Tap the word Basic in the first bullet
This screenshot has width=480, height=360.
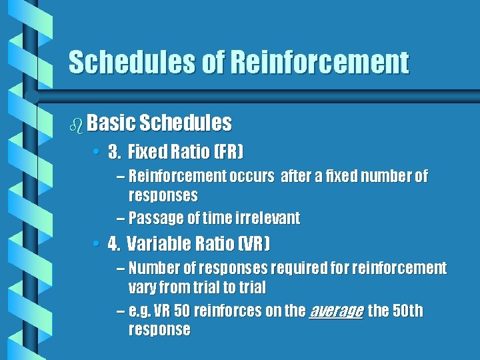pyautogui.click(x=111, y=123)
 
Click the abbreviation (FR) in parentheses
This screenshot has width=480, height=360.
pyautogui.click(x=227, y=153)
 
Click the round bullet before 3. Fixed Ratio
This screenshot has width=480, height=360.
pyautogui.click(x=97, y=153)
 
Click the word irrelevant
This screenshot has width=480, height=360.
pyautogui.click(x=267, y=218)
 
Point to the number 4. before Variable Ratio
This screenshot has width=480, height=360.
pyautogui.click(x=114, y=243)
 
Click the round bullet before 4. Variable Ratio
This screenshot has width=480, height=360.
pyautogui.click(x=97, y=243)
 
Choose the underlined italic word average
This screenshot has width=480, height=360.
pyautogui.click(x=336, y=311)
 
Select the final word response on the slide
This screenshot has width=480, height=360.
pyautogui.click(x=159, y=330)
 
